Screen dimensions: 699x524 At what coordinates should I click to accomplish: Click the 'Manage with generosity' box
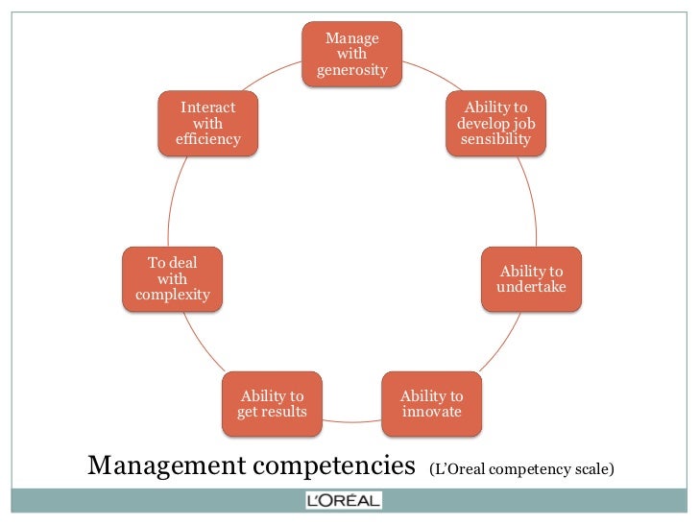352,54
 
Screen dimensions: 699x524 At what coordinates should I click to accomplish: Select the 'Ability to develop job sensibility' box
495,123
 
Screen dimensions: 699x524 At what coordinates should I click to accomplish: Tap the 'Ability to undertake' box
531,278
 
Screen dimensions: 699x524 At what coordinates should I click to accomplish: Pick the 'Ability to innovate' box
431,404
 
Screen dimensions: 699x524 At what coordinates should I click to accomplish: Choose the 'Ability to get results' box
272,404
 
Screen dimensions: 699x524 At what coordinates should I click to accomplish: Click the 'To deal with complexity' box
173,278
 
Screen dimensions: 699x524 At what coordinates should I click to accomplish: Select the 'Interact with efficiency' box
207,123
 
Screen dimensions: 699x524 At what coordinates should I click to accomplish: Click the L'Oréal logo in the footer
343,500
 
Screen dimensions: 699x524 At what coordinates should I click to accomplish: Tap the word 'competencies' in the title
330,466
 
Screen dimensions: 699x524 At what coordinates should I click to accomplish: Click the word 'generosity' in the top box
352,70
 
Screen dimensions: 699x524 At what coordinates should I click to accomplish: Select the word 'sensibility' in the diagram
495,139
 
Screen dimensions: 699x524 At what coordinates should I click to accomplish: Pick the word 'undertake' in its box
531,287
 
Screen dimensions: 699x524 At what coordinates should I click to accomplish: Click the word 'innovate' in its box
431,413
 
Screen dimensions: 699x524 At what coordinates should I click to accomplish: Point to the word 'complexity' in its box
173,295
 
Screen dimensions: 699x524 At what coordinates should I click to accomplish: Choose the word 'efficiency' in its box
207,139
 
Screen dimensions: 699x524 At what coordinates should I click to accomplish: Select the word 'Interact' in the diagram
207,107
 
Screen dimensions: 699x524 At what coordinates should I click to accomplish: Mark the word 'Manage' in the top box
352,38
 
